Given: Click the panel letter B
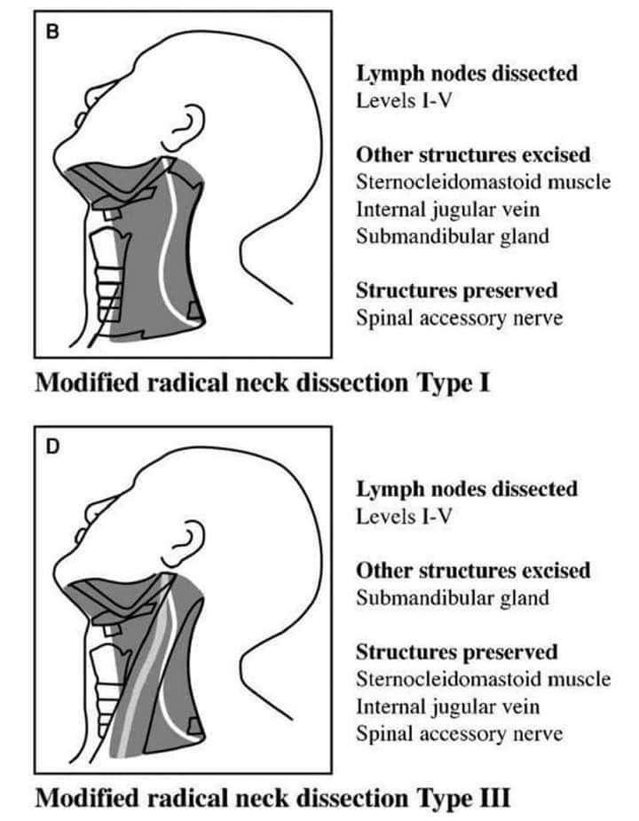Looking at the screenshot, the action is click(52, 32).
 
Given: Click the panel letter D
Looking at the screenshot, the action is click(53, 447).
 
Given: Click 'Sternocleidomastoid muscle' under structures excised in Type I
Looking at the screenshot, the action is click(483, 182).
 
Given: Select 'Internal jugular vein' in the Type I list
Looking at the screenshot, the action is click(448, 209).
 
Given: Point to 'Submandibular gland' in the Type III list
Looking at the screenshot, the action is click(453, 598).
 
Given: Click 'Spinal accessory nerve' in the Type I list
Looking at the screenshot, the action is click(460, 318).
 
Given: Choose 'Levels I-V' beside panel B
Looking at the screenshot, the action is click(404, 100).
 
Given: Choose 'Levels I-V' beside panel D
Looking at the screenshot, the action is click(404, 517).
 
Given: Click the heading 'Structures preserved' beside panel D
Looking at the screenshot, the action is click(457, 652).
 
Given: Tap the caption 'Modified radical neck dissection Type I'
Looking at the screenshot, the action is click(263, 383).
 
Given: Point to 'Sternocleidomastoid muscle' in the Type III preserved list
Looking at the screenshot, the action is click(483, 679).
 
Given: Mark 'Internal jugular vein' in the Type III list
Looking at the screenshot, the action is click(448, 707).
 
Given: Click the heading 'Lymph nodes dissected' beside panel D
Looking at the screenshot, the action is click(467, 489).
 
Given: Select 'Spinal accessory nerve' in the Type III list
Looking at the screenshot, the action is click(460, 733).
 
